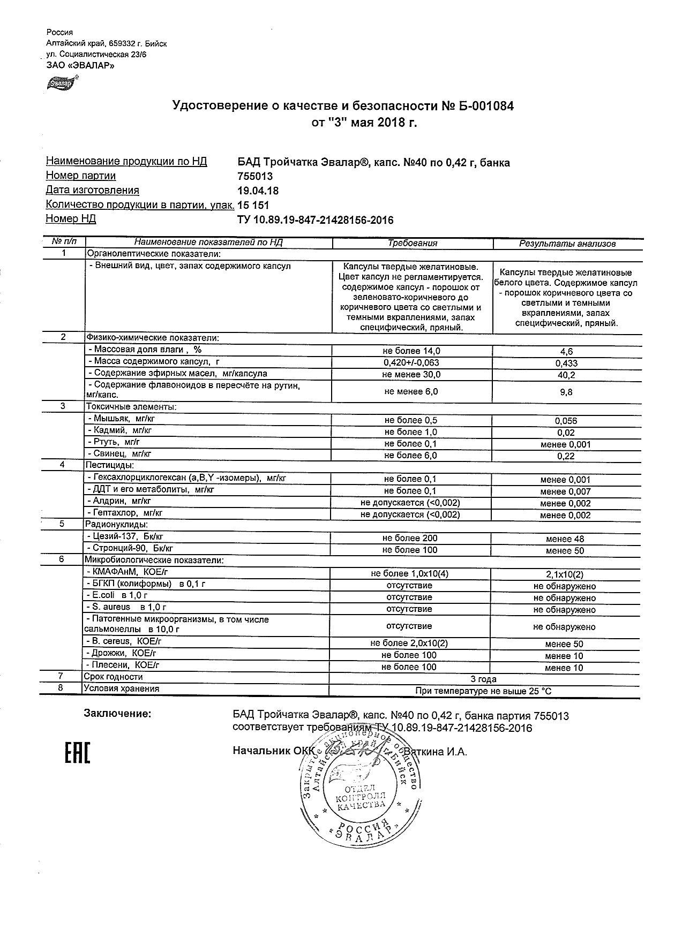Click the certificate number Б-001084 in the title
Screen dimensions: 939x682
[484, 106]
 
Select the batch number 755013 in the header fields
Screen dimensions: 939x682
[255, 177]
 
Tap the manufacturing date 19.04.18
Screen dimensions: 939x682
[258, 191]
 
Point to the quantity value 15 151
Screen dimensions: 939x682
[253, 205]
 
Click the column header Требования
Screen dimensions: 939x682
[412, 243]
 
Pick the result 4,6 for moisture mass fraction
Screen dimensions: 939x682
[566, 352]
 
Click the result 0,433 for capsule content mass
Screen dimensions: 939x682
[567, 364]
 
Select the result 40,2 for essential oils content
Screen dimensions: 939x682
[566, 375]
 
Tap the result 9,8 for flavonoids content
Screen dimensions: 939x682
[566, 392]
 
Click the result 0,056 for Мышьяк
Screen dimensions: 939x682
[566, 421]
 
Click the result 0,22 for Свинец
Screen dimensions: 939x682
[566, 456]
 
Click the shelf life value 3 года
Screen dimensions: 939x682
[483, 679]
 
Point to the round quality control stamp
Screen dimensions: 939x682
[359, 794]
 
